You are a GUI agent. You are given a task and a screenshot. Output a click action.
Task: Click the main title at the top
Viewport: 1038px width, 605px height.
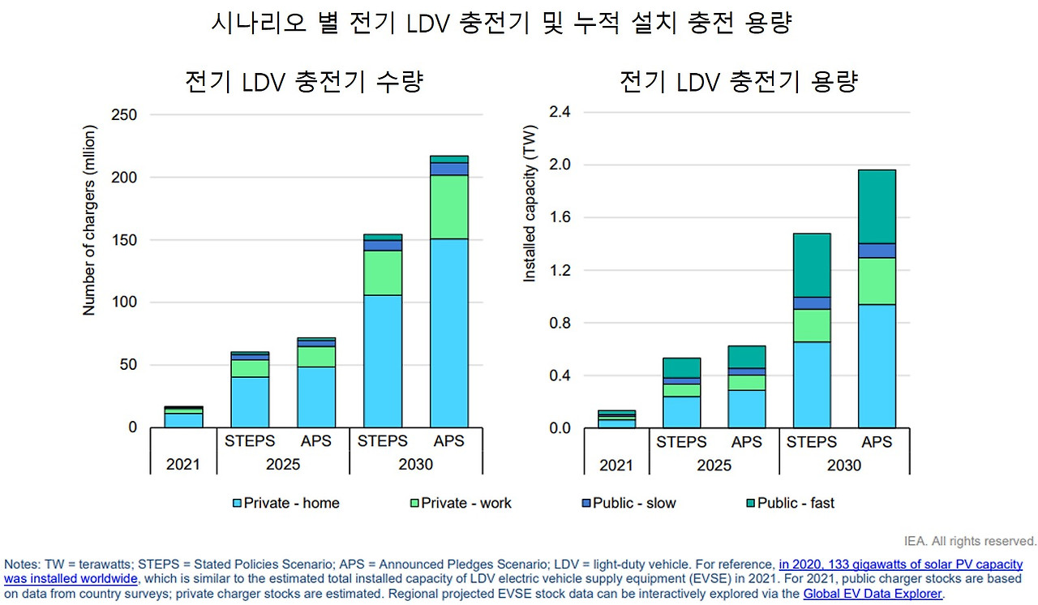tap(500, 24)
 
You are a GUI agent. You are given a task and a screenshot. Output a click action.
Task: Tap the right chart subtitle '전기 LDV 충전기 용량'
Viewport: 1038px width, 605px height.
tap(738, 82)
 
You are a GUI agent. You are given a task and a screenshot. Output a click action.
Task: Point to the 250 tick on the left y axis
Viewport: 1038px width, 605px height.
tap(124, 115)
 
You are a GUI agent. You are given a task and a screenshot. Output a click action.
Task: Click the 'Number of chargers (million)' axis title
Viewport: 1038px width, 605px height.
tap(90, 220)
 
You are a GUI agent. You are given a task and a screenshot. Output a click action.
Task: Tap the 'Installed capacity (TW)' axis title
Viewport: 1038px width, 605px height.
tap(530, 204)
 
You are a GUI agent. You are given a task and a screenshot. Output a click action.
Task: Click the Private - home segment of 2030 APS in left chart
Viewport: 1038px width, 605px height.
tap(448, 333)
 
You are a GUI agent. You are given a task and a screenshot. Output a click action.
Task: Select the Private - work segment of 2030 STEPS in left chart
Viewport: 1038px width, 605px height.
tap(383, 272)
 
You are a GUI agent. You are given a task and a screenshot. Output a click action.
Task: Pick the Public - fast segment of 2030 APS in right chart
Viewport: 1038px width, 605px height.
tap(876, 206)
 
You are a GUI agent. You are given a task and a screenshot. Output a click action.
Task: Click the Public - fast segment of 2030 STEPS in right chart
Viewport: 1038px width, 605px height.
tap(812, 265)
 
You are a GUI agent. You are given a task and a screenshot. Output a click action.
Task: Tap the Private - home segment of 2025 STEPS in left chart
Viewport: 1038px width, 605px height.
tap(250, 401)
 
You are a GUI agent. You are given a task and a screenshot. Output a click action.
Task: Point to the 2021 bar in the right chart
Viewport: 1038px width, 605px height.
tap(616, 418)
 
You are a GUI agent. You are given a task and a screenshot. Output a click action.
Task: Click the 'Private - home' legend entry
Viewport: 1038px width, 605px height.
tap(285, 503)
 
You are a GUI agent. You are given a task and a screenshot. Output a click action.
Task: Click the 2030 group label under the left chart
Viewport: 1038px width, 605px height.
tap(416, 465)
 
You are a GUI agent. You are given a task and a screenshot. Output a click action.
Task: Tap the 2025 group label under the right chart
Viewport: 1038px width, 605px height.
tap(714, 465)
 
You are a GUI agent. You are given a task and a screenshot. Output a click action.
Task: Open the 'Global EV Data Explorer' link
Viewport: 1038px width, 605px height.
tap(873, 594)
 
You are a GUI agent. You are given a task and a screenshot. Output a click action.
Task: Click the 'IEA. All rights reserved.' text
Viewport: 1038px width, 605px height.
tap(970, 541)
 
